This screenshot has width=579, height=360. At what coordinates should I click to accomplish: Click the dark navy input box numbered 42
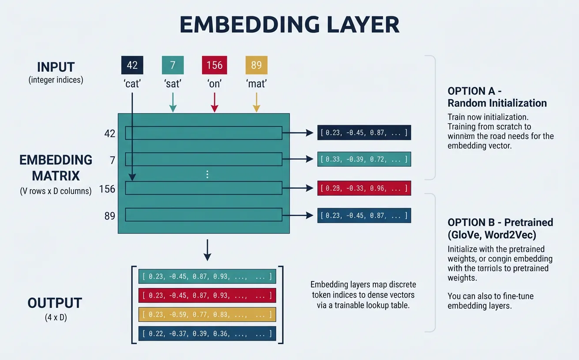132,65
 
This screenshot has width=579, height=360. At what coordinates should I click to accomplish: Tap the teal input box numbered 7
173,65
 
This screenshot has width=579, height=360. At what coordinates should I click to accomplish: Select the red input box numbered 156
214,65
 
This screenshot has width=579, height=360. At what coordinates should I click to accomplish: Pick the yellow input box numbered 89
256,65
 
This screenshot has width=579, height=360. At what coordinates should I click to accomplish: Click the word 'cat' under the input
132,83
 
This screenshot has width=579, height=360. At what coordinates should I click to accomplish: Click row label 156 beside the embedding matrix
107,189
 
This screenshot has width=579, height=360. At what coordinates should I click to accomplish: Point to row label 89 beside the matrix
109,216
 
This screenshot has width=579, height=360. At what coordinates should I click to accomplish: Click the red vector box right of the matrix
364,188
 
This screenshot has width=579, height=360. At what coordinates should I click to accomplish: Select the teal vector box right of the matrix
364,159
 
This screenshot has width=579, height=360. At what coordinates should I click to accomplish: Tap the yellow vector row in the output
207,314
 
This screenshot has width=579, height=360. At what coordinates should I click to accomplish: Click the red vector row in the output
207,295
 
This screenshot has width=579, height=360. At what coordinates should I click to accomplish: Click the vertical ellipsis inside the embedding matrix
207,175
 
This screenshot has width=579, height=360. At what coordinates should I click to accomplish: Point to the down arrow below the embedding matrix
207,251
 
